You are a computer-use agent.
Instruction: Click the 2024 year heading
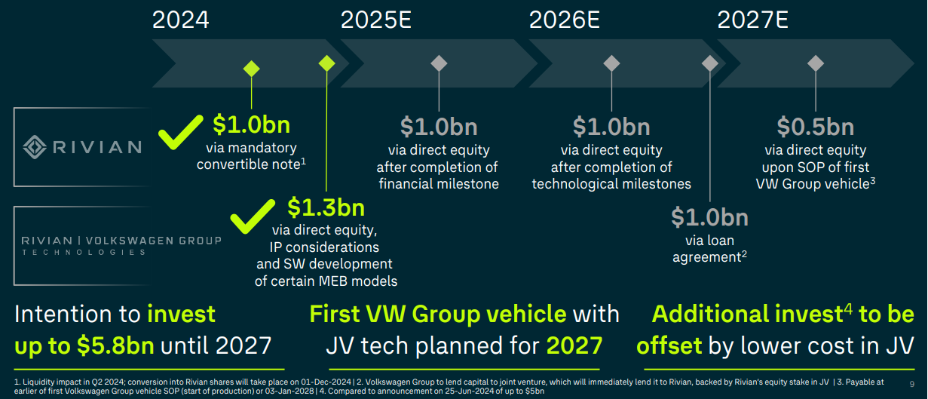(x=180, y=19)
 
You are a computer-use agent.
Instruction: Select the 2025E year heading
(x=376, y=19)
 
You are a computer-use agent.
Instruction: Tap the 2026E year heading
(x=565, y=19)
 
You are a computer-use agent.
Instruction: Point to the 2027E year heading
(x=753, y=19)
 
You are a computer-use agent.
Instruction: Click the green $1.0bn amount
(x=251, y=124)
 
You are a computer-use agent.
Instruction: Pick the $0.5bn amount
(x=815, y=127)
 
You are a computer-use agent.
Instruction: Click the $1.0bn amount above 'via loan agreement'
(x=709, y=218)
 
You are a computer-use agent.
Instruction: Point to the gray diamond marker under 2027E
(x=815, y=63)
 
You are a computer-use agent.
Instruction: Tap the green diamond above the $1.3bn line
(x=326, y=63)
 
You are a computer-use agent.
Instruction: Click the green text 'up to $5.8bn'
(x=84, y=345)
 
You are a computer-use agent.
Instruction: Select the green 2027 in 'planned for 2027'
(x=574, y=345)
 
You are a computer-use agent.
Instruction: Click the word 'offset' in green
(x=669, y=345)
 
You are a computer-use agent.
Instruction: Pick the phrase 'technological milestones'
(x=611, y=184)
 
